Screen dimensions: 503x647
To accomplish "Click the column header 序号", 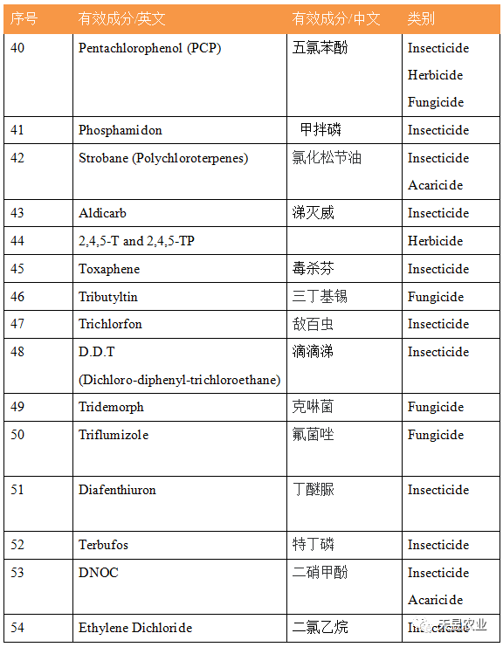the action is pos(24,18).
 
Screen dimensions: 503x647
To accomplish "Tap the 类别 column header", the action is pos(421,18).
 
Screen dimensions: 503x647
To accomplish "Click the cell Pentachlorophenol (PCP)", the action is pos(149,48).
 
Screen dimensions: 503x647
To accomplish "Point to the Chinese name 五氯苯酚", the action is pos(320,48).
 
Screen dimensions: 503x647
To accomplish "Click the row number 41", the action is pos(17,130).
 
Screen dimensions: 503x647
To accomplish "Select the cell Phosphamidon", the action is pos(121,130).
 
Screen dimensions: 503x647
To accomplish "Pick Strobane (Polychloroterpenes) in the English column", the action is pos(163,158).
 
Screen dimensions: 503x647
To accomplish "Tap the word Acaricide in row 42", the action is pos(435,185).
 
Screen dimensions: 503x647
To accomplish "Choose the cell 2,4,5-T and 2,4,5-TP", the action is pos(136,241).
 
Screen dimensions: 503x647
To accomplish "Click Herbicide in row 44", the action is pos(435,241).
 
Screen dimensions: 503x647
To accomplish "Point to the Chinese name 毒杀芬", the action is pos(313,269).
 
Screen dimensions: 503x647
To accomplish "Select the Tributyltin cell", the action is pos(108,297).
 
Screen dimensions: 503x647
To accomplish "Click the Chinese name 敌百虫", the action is pos(313,324).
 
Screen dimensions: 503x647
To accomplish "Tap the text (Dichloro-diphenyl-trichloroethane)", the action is pos(179,380).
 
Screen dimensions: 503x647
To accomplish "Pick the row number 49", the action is pos(17,407).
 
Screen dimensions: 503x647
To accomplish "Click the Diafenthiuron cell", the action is pos(117,490).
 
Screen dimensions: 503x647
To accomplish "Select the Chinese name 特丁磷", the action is pos(313,545).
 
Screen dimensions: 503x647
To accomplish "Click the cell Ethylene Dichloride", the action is pos(135,628).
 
